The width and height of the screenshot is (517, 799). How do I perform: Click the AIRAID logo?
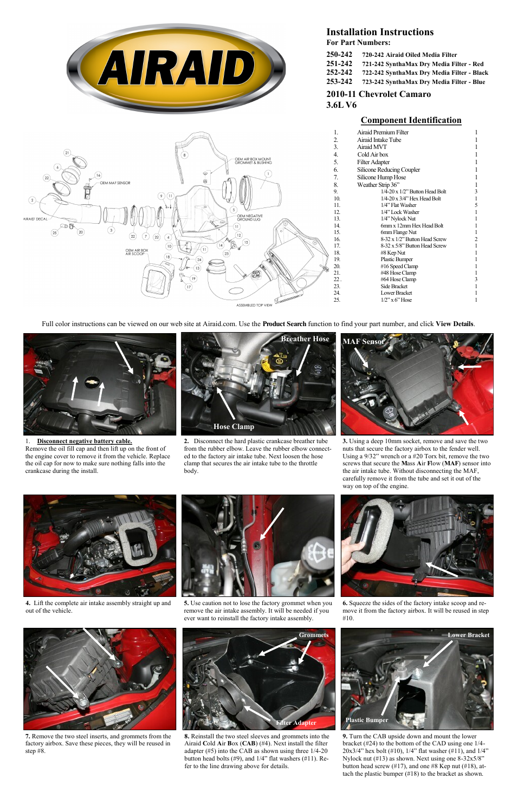point(176,68)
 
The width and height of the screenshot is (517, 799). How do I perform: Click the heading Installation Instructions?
point(379,32)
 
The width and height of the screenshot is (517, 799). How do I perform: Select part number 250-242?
point(339,55)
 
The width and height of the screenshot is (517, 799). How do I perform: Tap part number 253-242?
point(339,82)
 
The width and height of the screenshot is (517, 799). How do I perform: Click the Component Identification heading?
point(411,120)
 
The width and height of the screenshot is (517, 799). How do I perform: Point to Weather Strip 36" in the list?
point(378,185)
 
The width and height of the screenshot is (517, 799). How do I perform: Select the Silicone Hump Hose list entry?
point(381,177)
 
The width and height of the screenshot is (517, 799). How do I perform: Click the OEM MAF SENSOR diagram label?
point(115,183)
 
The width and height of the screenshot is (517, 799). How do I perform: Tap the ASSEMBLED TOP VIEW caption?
point(254,306)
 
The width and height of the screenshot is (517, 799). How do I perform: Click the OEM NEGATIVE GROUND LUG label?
point(250,218)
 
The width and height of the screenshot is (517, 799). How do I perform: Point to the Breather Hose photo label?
point(305,339)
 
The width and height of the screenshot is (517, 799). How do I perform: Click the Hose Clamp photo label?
point(234,427)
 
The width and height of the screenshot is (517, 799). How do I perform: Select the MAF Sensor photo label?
point(363,341)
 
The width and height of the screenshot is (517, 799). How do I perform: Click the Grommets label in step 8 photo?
point(314,635)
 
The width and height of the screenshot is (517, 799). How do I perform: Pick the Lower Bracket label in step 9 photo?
point(468,635)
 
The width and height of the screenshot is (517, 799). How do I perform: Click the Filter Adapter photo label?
point(296,723)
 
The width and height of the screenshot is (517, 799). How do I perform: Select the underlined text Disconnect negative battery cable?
point(84,441)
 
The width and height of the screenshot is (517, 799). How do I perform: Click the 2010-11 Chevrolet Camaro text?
point(378,94)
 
